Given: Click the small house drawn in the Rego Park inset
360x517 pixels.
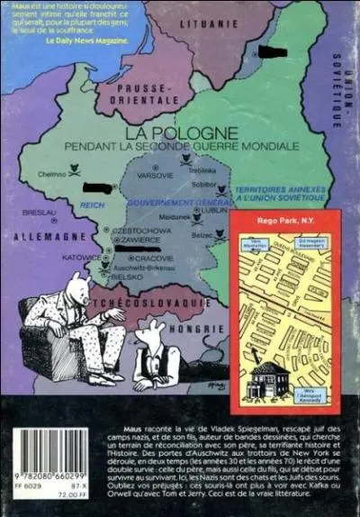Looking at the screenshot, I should [267, 378].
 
